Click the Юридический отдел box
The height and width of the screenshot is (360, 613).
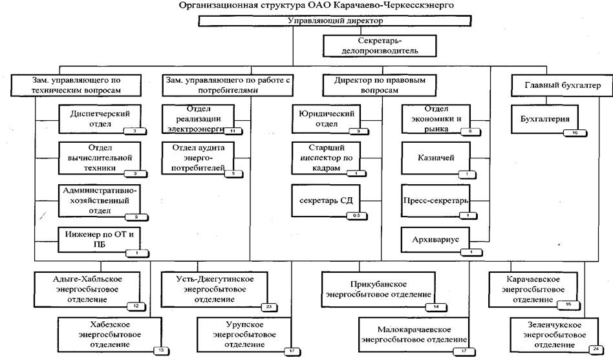coord(325,118)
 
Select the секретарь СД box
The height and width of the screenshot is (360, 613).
coord(326,200)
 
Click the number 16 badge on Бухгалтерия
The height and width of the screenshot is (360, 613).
coord(574,132)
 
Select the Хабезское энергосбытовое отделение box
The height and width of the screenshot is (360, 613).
coord(114,335)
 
